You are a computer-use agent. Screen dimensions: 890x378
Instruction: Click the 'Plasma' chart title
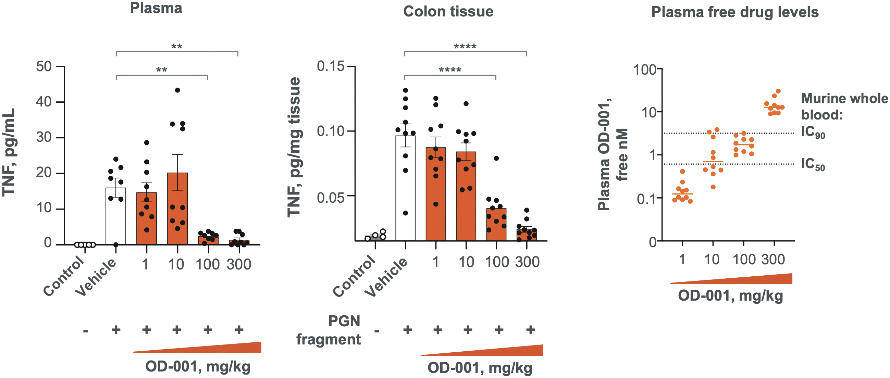tap(156, 8)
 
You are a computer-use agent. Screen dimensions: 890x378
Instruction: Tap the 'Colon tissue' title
tap(448, 11)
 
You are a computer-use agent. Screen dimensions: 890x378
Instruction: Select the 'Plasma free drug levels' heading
tap(735, 12)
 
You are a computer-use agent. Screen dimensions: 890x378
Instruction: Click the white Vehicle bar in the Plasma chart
tap(116, 216)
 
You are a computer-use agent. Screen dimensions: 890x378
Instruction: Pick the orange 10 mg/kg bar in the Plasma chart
tap(177, 209)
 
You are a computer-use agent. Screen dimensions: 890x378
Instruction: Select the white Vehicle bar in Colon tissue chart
tap(405, 188)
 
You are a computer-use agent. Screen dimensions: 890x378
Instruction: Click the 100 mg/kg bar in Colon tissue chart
tap(496, 224)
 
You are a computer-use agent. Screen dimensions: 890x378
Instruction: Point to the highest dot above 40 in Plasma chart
tap(177, 90)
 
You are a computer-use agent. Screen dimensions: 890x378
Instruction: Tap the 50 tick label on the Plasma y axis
tap(44, 66)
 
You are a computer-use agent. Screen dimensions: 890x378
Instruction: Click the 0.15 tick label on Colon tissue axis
tap(331, 66)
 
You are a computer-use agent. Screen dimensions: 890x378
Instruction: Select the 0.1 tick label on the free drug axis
tap(647, 199)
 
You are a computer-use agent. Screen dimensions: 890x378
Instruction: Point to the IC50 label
tap(813, 164)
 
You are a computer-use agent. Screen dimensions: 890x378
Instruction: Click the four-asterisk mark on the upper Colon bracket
tap(465, 46)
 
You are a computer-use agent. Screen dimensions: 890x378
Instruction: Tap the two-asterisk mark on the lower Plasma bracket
tap(162, 70)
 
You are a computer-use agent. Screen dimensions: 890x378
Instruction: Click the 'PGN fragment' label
tap(329, 330)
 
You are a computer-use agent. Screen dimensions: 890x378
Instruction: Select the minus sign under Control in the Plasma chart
tap(85, 331)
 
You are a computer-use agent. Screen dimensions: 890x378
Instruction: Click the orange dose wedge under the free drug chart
tap(731, 279)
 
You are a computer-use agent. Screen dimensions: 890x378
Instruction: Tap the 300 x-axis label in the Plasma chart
tap(239, 264)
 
